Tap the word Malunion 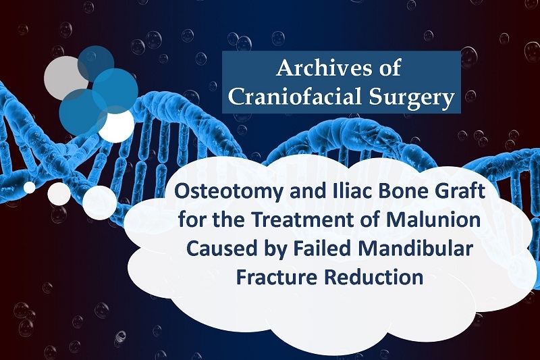coord(433,220)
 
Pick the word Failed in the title coord(319,249)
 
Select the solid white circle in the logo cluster coord(116,125)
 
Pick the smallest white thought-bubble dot coord(29,187)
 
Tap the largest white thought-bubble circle coord(99,203)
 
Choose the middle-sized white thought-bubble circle coord(59,194)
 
